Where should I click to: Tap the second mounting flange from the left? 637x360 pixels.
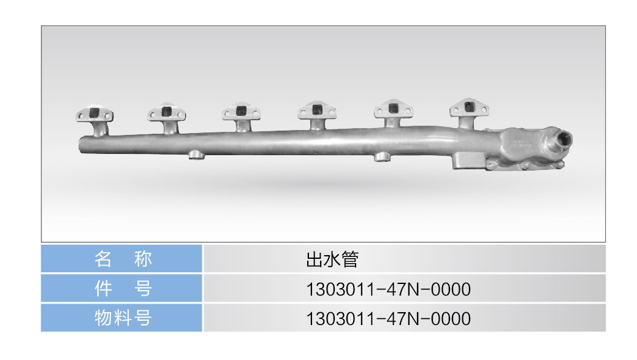click(x=167, y=112)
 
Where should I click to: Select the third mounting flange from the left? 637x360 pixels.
click(x=242, y=111)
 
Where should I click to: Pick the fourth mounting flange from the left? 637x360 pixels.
click(x=317, y=110)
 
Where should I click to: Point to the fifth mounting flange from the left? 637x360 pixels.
click(x=393, y=109)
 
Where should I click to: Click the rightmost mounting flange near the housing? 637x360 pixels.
click(x=469, y=107)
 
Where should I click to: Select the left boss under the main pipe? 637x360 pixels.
click(x=197, y=155)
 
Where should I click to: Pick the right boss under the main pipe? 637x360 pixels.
click(x=382, y=156)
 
